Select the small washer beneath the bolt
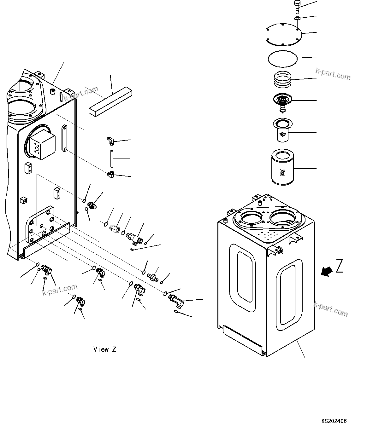pos(297,19)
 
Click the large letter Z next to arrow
pos(339,266)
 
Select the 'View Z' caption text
pos(105,349)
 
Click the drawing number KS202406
pos(334,421)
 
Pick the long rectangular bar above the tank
pos(110,102)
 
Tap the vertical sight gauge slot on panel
pos(64,138)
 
